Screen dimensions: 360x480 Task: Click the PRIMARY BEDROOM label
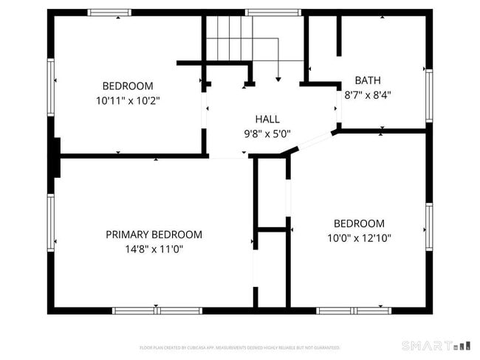[x=154, y=235]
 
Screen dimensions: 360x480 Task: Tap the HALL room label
[x=267, y=120]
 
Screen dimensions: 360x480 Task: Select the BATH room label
[x=368, y=80]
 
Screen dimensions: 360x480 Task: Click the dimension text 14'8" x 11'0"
[x=154, y=249]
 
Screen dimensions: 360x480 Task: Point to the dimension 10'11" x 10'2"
[x=128, y=100]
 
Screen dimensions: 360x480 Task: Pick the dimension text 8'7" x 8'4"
[x=368, y=94]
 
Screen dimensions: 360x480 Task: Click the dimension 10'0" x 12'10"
[x=359, y=238]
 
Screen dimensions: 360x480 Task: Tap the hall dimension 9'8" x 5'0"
[x=267, y=134]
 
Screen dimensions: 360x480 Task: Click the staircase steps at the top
[x=229, y=37]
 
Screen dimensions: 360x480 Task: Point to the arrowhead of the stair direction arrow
[x=278, y=77]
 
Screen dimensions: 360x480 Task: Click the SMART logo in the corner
[x=436, y=345]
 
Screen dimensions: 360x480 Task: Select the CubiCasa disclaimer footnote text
[x=239, y=347]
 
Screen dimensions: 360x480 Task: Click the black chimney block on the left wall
[x=55, y=157]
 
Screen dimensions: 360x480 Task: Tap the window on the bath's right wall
[x=428, y=94]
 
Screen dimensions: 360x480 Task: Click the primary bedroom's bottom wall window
[x=157, y=311]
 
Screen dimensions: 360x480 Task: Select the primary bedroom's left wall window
[x=51, y=221]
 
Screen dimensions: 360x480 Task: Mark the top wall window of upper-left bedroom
[x=109, y=13]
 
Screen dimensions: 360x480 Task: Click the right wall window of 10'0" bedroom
[x=428, y=227]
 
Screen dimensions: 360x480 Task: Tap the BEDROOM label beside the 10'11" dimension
[x=128, y=85]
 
